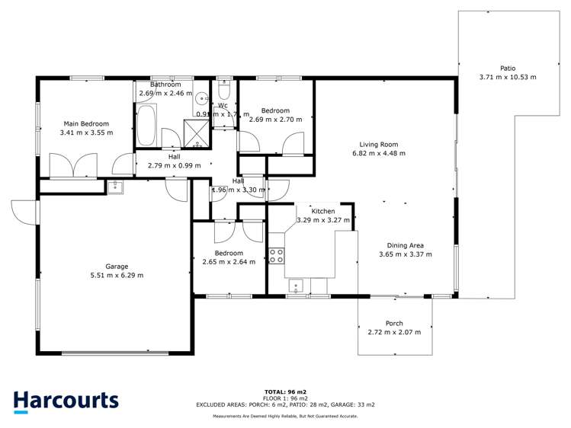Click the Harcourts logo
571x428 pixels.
[x=66, y=401]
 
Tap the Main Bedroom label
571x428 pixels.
[x=86, y=123]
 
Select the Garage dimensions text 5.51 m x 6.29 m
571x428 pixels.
[x=117, y=275]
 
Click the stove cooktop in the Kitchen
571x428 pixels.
[x=276, y=256]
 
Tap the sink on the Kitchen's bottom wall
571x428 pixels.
[x=297, y=286]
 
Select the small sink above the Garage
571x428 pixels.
[x=116, y=187]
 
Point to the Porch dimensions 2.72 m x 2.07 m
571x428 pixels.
[x=394, y=332]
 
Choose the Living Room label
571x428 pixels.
[x=379, y=144]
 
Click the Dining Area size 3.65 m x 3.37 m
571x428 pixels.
[x=406, y=254]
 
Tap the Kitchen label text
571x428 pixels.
[x=323, y=210]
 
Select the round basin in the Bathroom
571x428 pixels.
[x=202, y=99]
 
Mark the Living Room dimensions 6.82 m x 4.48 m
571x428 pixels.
[x=379, y=153]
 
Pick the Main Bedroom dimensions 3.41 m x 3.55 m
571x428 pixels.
[x=86, y=132]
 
